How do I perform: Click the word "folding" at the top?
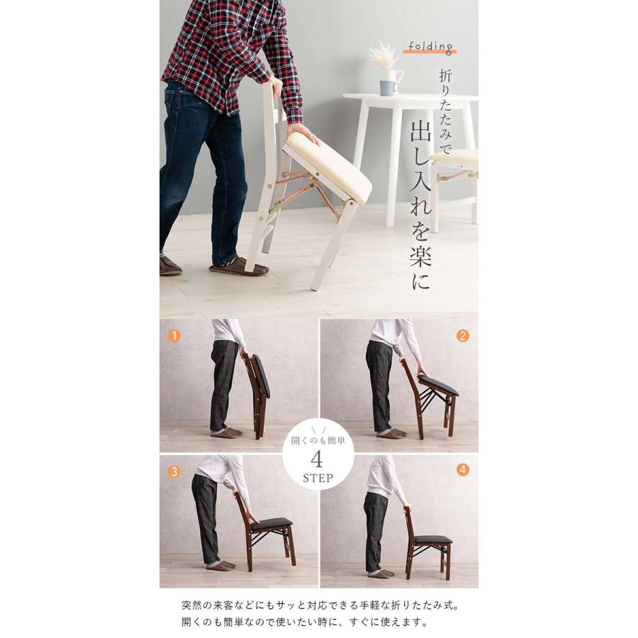430,47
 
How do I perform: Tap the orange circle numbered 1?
174,336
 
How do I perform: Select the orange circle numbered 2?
463,336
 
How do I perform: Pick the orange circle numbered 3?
174,471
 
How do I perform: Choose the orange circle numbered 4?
463,470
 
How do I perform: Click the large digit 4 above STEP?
317,460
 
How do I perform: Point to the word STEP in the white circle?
318,478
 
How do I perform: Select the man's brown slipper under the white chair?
240,267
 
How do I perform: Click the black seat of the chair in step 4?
433,539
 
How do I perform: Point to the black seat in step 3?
271,522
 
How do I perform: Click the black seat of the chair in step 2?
438,386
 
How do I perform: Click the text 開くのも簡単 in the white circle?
318,441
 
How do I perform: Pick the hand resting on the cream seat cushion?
303,133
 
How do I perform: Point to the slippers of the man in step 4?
381,573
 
